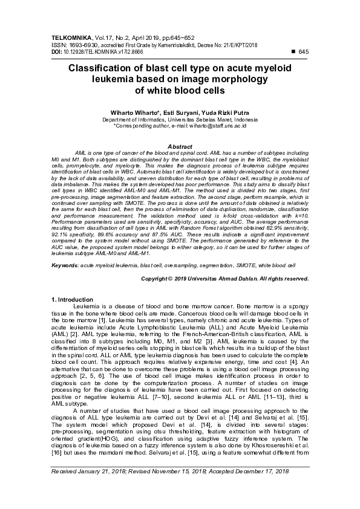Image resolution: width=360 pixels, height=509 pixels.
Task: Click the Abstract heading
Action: pyautogui.click(x=179, y=147)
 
